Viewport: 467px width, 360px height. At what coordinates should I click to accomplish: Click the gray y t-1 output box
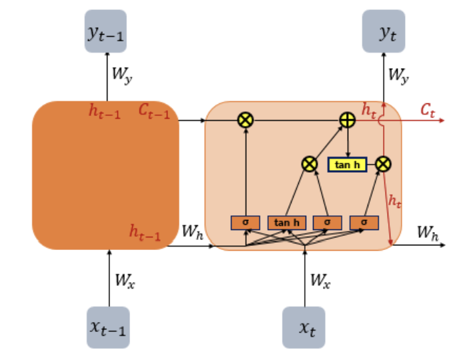tap(105, 32)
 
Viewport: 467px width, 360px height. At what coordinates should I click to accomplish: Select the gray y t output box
tap(384, 32)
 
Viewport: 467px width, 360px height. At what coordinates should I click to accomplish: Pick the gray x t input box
tap(304, 327)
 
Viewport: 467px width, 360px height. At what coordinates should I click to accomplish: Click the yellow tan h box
tap(347, 163)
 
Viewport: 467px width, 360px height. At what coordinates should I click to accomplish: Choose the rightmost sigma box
tap(364, 223)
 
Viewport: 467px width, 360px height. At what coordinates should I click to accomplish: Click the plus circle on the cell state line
tap(347, 120)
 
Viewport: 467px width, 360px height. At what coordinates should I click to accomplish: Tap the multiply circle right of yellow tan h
tap(384, 163)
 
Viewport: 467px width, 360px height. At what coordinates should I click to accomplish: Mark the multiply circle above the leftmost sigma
tap(246, 120)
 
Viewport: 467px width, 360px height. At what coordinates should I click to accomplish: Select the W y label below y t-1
tap(121, 75)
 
